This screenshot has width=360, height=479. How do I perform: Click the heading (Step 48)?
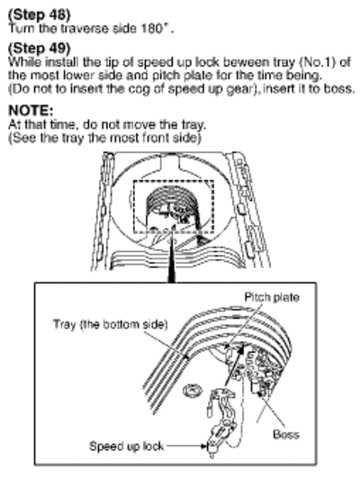39,14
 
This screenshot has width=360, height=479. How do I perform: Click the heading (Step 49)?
39,48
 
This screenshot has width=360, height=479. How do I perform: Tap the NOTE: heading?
31,110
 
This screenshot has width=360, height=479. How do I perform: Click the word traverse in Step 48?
85,29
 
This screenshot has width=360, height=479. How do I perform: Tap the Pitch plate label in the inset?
272,297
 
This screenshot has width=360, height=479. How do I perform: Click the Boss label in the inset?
286,434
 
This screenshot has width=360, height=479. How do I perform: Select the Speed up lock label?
126,447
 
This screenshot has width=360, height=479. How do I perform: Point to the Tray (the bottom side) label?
111,324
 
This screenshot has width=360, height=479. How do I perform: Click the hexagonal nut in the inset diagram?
192,391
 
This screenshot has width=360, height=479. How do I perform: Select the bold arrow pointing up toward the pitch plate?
235,365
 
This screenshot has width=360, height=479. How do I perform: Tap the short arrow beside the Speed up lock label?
186,447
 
